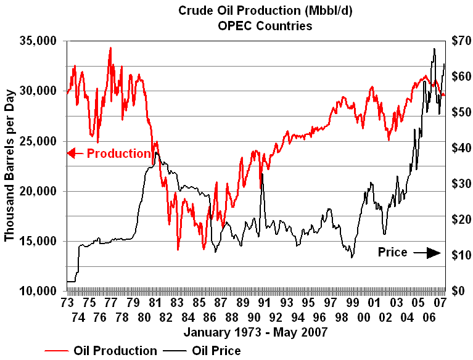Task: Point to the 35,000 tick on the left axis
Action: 39,41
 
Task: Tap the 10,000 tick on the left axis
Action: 39,291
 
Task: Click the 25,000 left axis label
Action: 39,141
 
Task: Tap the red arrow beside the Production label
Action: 73,153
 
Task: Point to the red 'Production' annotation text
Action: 118,153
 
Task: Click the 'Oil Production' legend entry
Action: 115,351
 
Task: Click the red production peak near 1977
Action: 110,48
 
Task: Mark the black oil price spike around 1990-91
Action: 262,174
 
